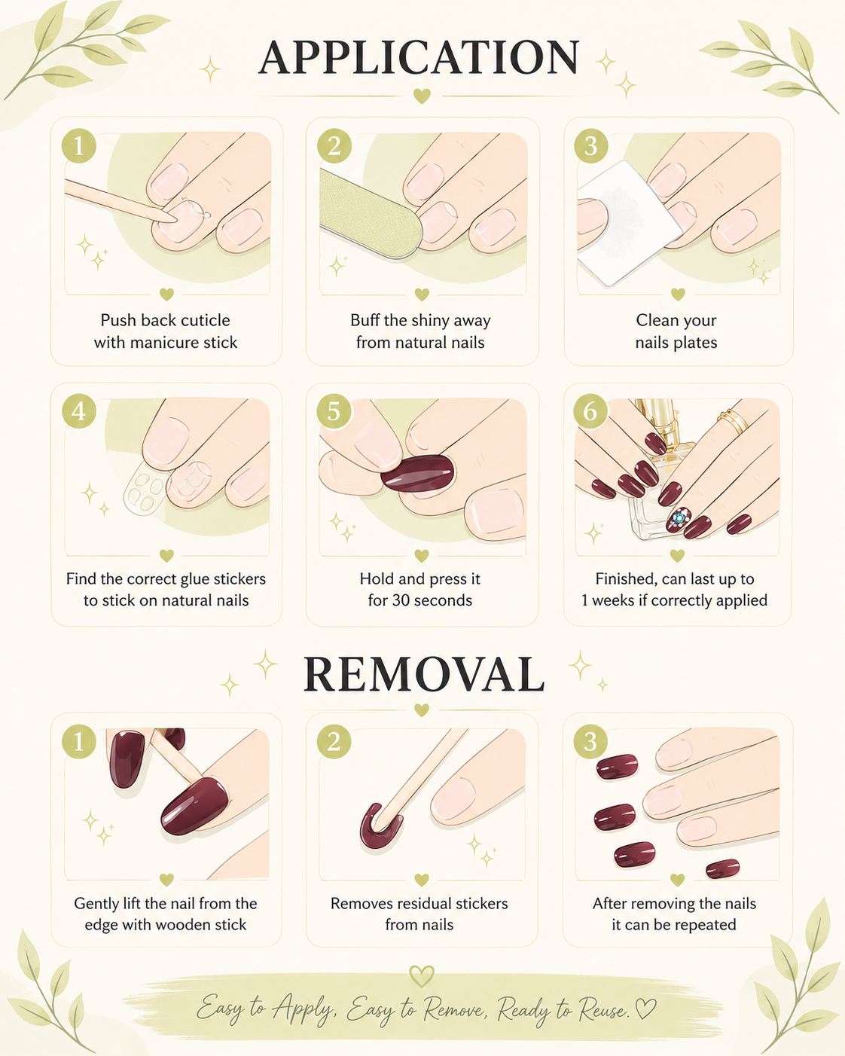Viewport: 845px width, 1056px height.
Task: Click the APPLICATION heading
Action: click(419, 57)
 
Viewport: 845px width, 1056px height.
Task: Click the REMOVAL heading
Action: click(423, 674)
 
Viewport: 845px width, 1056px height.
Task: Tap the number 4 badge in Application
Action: click(79, 411)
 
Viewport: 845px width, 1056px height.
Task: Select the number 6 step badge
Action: click(590, 411)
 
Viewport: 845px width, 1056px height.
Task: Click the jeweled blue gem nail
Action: click(679, 520)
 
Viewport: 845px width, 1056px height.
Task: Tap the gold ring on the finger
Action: click(733, 422)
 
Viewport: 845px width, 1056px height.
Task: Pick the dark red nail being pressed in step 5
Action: click(418, 473)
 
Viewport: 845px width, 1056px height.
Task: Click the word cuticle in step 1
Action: click(205, 320)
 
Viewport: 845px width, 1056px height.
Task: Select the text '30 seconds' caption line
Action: click(420, 600)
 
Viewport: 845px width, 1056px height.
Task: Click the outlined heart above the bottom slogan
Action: click(422, 976)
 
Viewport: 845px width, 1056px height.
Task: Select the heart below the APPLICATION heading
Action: click(422, 96)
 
